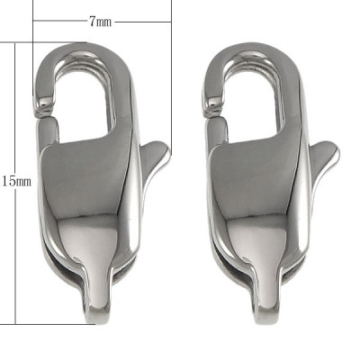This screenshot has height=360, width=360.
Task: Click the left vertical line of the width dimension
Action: [x=33, y=22]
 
